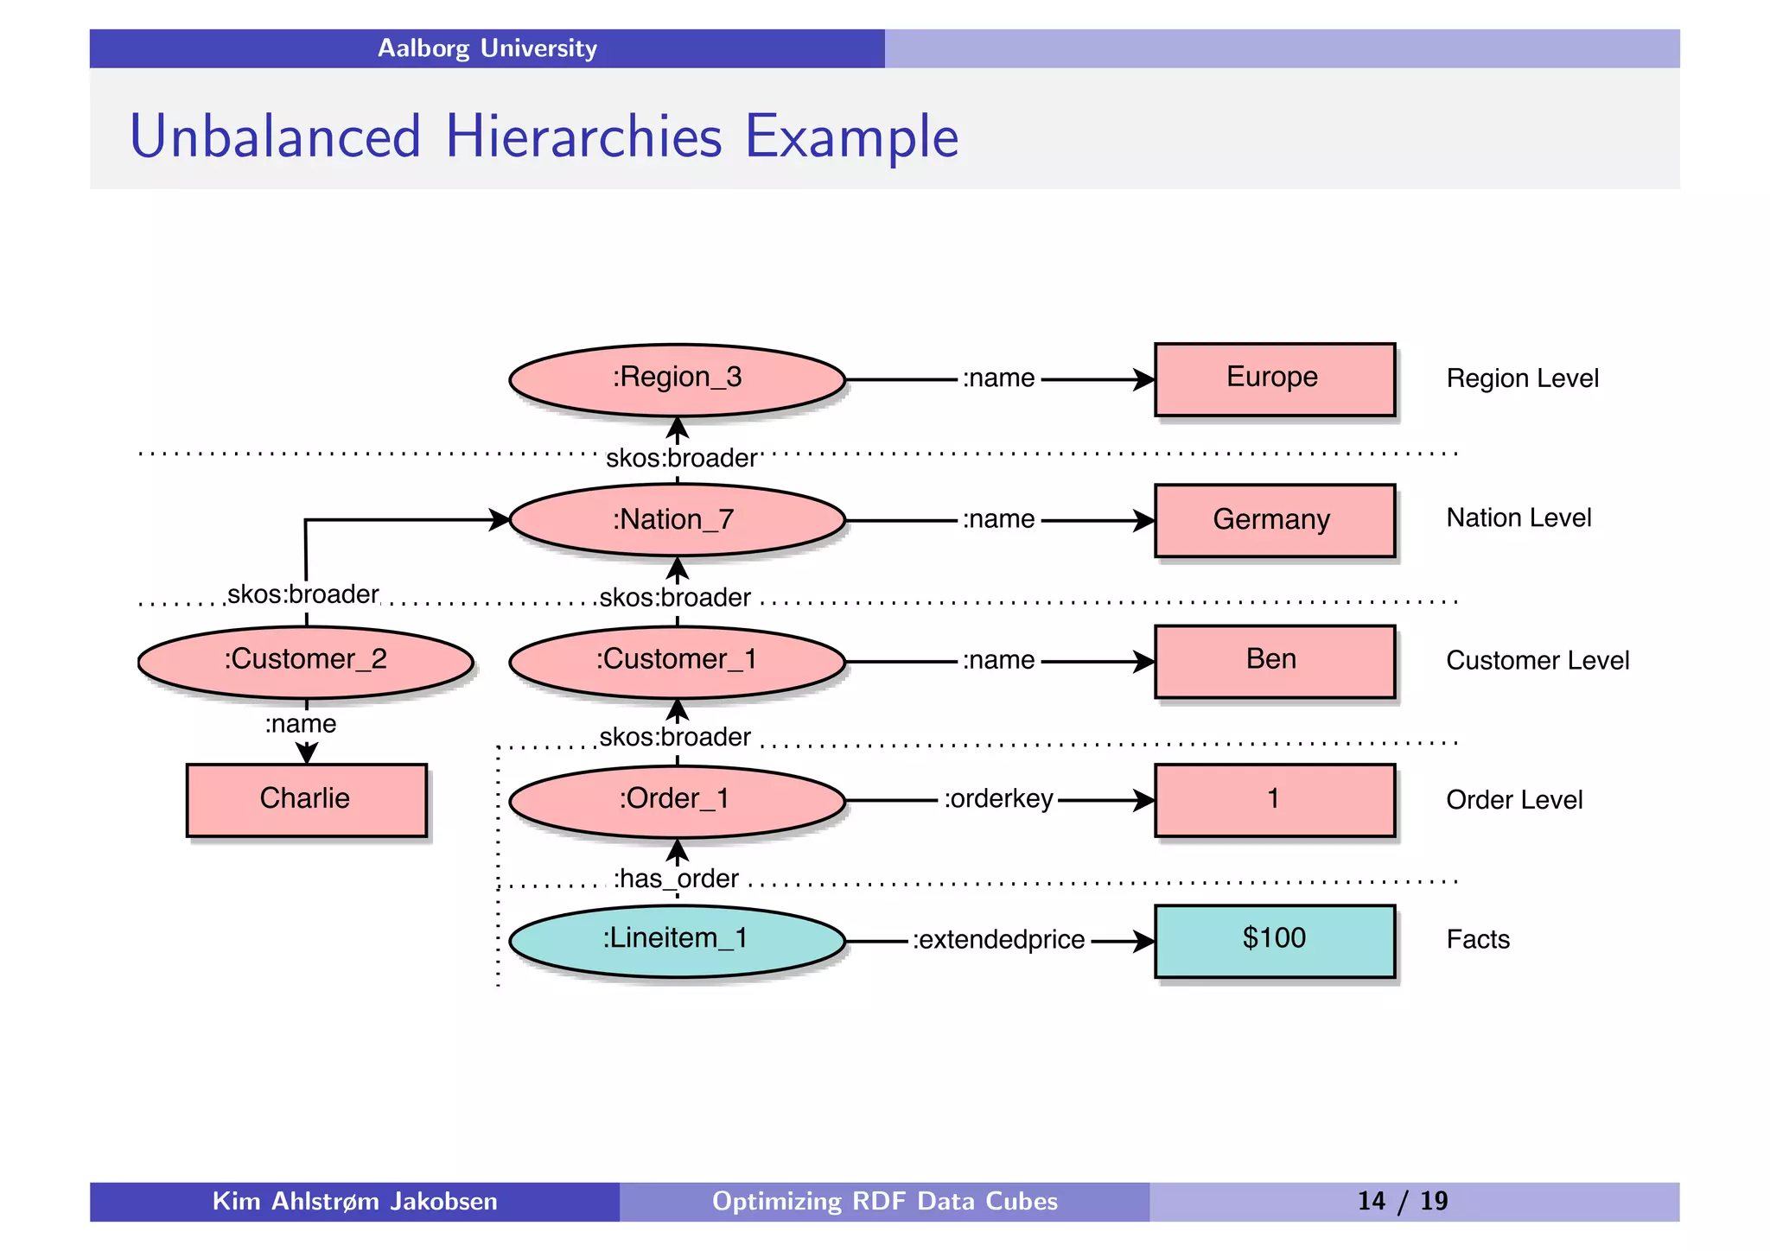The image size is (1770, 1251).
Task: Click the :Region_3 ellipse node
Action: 677,379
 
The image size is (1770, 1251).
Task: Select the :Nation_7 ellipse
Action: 677,520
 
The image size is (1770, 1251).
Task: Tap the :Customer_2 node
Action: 305,661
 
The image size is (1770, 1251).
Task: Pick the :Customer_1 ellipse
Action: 677,661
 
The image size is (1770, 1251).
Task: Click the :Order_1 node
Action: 677,800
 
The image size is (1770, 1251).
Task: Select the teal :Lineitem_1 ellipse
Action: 677,940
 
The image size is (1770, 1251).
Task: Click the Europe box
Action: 1274,379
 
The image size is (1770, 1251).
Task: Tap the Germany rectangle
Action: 1274,520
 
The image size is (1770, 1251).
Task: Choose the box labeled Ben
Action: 1274,661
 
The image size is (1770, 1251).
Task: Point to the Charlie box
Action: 306,799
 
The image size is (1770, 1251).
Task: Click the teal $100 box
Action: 1274,940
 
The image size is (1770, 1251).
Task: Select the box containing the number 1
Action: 1274,800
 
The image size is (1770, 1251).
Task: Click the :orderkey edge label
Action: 998,799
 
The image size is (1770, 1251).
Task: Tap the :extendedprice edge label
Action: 998,940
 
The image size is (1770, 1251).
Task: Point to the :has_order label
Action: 676,879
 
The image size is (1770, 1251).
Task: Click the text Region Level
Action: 1522,378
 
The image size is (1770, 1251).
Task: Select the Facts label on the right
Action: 1477,940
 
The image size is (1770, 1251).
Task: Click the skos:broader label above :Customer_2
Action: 302,594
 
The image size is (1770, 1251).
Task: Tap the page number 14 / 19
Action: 1402,1201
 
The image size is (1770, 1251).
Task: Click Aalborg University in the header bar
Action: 487,48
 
